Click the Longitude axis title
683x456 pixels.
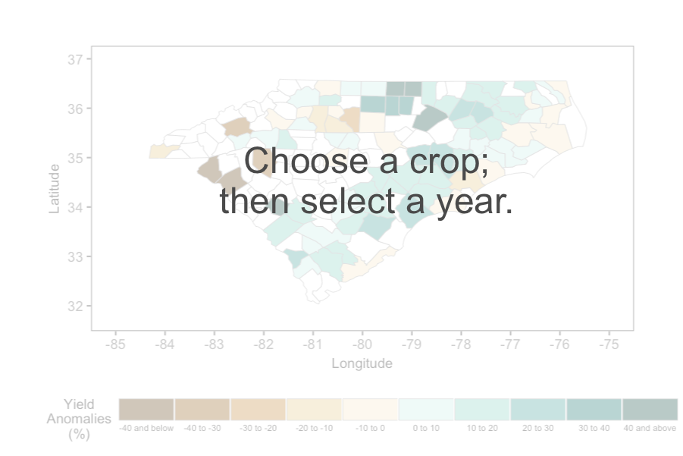point(362,363)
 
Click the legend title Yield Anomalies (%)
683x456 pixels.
point(79,419)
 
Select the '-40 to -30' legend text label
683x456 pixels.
point(202,428)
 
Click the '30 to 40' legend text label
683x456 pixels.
point(594,428)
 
